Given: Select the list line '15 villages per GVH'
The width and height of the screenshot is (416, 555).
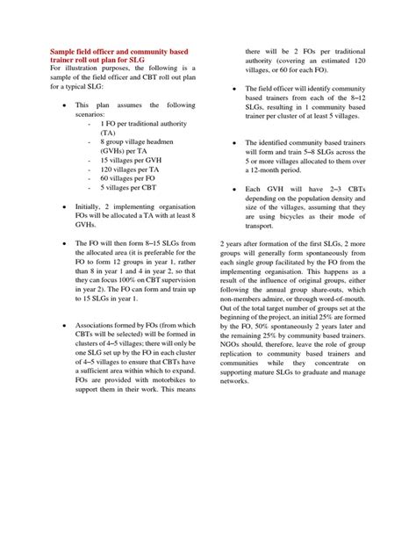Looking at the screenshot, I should tap(134, 161).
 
